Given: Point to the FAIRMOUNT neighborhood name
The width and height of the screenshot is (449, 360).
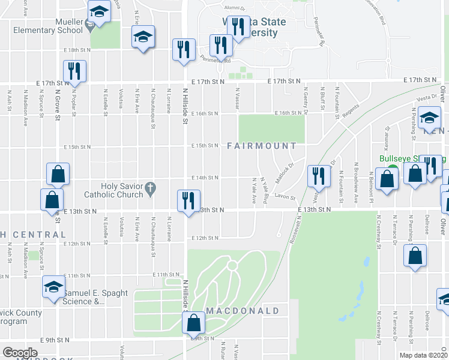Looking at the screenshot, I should pyautogui.click(x=262, y=146).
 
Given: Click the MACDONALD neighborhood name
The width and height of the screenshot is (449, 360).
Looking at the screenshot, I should pyautogui.click(x=243, y=311).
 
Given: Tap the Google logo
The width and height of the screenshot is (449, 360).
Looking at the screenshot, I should pyautogui.click(x=20, y=353).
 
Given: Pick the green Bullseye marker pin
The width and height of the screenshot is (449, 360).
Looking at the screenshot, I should pyautogui.click(x=391, y=169).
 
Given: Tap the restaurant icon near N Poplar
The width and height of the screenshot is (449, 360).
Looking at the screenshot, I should pyautogui.click(x=75, y=70).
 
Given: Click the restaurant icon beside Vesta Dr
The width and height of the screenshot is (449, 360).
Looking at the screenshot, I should pyautogui.click(x=318, y=175).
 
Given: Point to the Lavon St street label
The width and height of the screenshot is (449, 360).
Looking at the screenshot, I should pyautogui.click(x=285, y=197).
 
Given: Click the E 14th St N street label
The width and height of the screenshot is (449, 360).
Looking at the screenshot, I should pyautogui.click(x=205, y=178).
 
